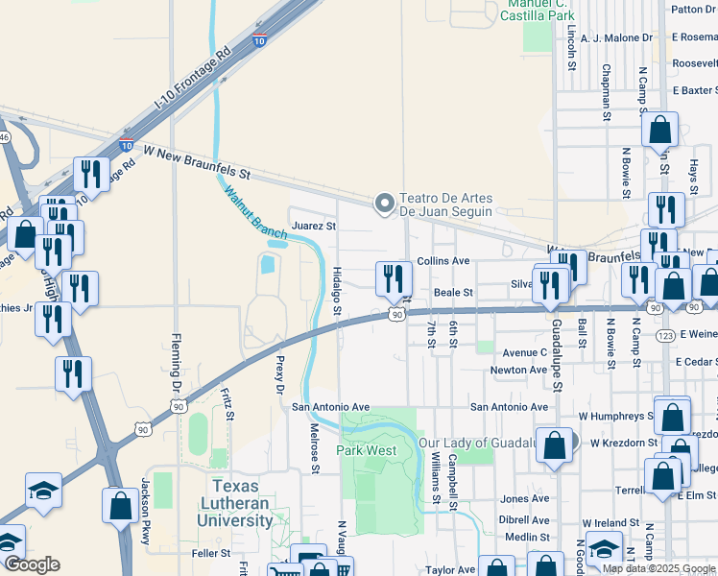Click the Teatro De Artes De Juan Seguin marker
[x=385, y=203]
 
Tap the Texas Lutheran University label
[x=236, y=503]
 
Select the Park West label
[x=366, y=450]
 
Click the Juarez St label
[x=314, y=227]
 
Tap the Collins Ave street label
[x=443, y=261]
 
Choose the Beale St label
[x=454, y=292]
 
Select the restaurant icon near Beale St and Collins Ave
[x=394, y=279]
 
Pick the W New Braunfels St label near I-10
[x=196, y=163]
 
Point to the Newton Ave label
[x=518, y=370]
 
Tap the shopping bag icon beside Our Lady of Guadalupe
[x=555, y=446]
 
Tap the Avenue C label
[x=524, y=352]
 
